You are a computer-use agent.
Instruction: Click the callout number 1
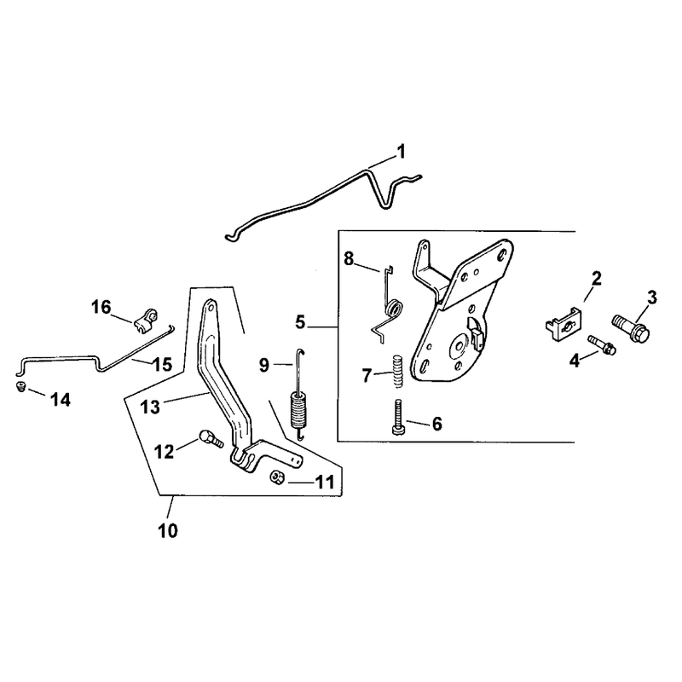[401, 153]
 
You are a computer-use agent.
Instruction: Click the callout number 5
[301, 323]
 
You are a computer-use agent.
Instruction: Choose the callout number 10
[168, 530]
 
